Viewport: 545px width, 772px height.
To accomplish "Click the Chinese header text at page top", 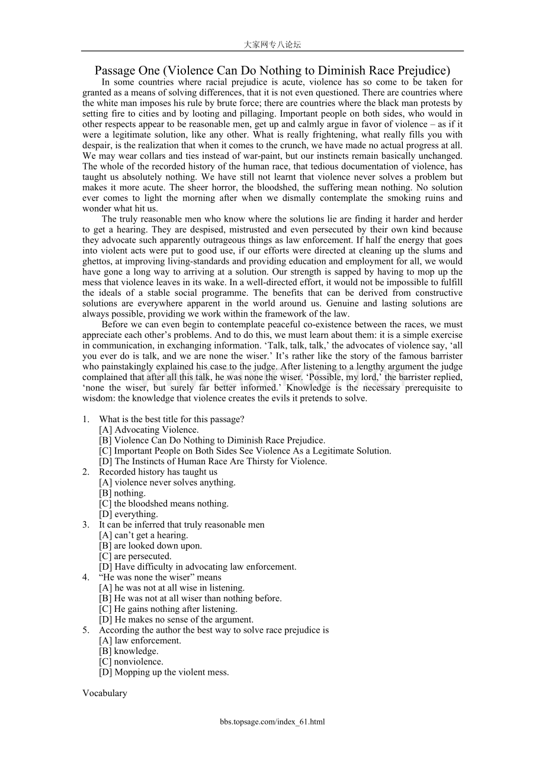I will tap(272, 44).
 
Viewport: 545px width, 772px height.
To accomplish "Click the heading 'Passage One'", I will tap(272, 71).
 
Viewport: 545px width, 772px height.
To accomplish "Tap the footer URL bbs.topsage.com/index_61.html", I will tap(272, 722).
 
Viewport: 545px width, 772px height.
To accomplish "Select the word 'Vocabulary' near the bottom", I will tap(105, 693).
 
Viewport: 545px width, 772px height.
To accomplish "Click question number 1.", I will tap(86, 419).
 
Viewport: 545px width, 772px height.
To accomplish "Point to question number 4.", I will tap(86, 578).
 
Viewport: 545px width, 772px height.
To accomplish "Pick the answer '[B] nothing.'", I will tap(122, 493).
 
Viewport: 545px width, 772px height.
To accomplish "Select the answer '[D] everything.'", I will tap(129, 514).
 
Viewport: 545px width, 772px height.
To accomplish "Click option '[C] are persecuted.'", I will tap(135, 556).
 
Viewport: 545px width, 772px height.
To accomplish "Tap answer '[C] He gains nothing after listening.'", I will tap(168, 609).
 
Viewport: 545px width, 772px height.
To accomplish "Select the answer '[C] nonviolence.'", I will tap(131, 662).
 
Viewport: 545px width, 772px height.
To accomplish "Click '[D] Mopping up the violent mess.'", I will tap(164, 672).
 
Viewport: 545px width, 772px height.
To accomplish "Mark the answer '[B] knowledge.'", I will tap(129, 651).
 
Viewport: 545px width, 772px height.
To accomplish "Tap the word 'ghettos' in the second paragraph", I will tap(97, 261).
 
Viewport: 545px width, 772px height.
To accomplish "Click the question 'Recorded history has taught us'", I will tap(158, 472).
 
